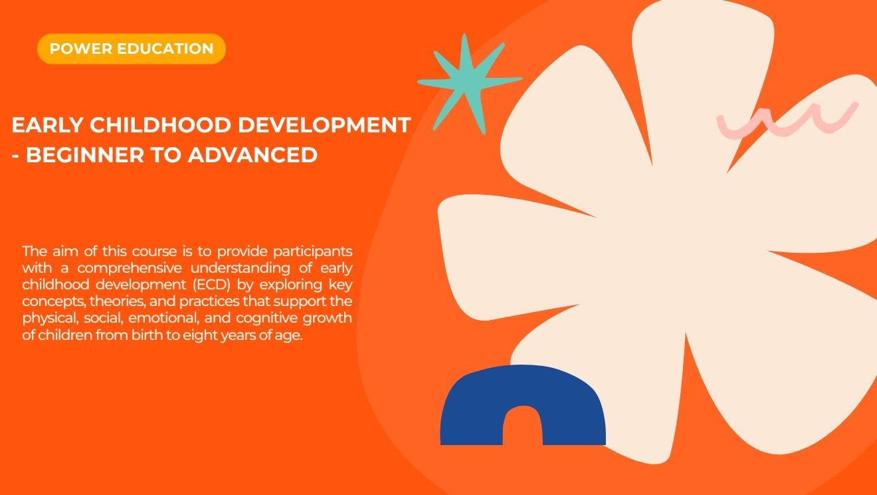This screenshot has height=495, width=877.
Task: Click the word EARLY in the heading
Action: (46, 125)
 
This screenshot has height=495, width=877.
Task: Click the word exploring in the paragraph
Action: (292, 285)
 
